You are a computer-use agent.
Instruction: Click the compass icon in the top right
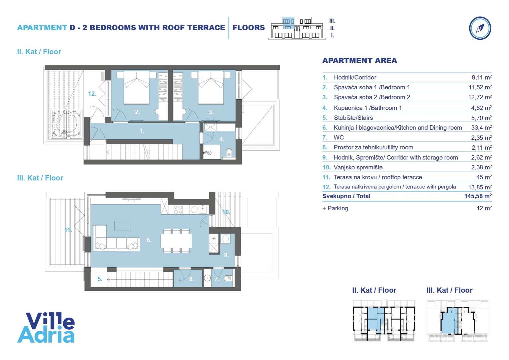pos(480,28)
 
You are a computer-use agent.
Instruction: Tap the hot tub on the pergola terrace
pos(66,124)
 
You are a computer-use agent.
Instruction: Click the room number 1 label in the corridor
pos(142,131)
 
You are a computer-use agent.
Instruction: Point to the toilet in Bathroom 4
pos(229,153)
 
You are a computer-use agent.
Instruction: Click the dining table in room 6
pos(176,241)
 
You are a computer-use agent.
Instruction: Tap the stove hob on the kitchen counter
pos(178,210)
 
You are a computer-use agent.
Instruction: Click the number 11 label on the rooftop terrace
pos(68,230)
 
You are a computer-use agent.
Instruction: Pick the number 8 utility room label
pos(191,279)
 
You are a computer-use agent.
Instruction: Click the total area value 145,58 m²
pos(478,196)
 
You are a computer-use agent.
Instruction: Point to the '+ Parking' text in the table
pos(335,208)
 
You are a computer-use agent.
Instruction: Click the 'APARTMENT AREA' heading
pos(360,60)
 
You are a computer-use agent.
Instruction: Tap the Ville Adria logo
pos(46,328)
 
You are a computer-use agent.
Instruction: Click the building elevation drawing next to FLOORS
pos(297,28)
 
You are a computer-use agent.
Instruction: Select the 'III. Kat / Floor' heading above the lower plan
pos(40,178)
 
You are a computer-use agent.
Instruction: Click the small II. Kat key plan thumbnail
pos(384,320)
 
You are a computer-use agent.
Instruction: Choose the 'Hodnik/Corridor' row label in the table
pos(355,77)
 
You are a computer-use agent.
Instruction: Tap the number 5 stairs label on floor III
pos(100,279)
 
